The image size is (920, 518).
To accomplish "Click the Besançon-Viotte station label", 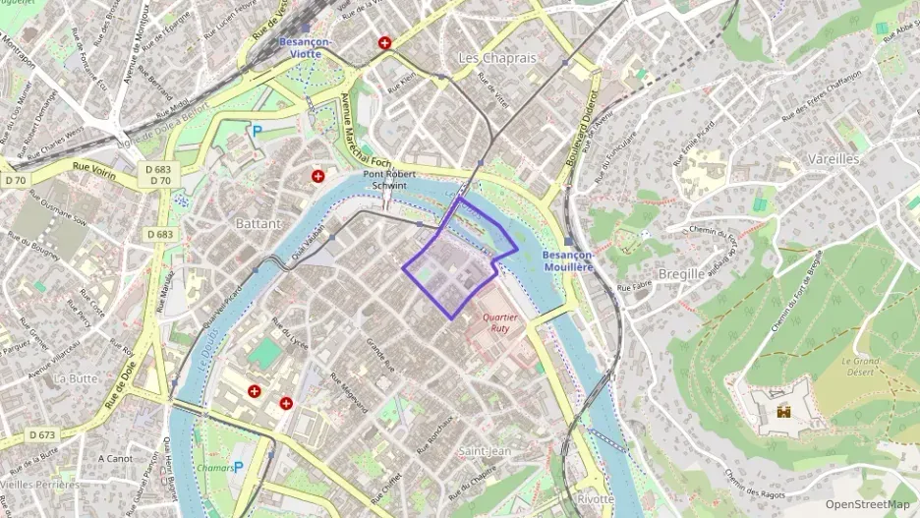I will [305, 49].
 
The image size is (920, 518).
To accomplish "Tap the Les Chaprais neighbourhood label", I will [497, 58].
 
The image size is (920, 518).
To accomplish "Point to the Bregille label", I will [680, 274].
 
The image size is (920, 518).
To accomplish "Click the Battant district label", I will [259, 224].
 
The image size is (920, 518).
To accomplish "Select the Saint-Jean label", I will [486, 450].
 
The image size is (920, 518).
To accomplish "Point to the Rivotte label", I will [595, 498].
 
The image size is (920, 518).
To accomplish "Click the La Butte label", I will [76, 377].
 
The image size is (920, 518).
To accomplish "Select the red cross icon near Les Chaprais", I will [384, 43].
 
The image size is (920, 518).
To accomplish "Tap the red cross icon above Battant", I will [318, 177].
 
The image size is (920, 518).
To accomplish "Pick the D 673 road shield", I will [41, 433].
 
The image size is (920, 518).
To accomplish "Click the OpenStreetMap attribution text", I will [868, 504].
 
